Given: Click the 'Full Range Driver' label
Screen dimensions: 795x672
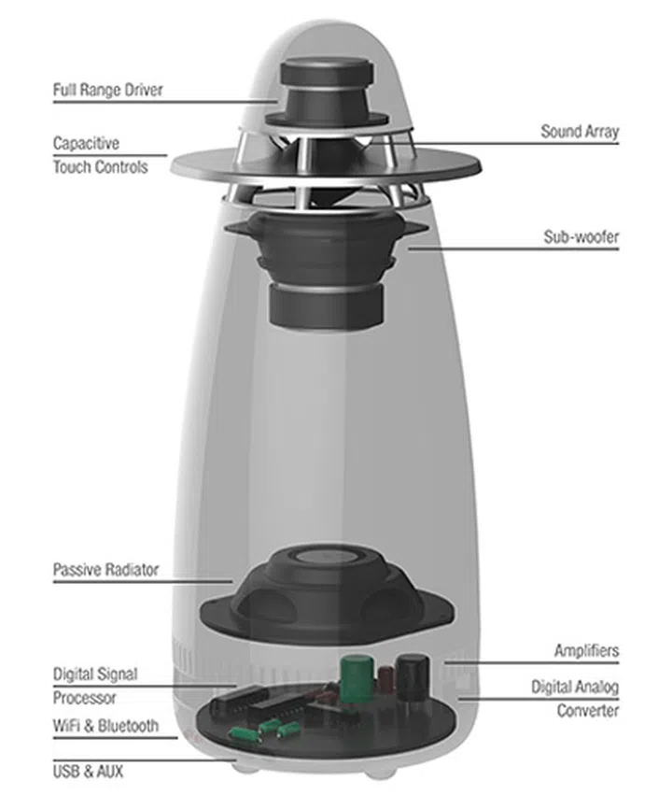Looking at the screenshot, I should (107, 91).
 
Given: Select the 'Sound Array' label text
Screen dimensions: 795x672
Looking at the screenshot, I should (579, 132).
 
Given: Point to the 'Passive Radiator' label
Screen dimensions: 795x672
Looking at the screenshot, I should (105, 569).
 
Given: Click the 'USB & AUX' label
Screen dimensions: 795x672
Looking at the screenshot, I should (88, 772).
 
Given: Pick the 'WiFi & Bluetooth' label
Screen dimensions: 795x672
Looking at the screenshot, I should (105, 725).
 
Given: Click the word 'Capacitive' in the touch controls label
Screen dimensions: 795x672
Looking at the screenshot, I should (87, 144).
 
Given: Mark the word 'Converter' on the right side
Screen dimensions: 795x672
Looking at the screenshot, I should (588, 710).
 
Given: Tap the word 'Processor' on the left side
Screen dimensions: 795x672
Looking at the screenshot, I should (84, 697).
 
